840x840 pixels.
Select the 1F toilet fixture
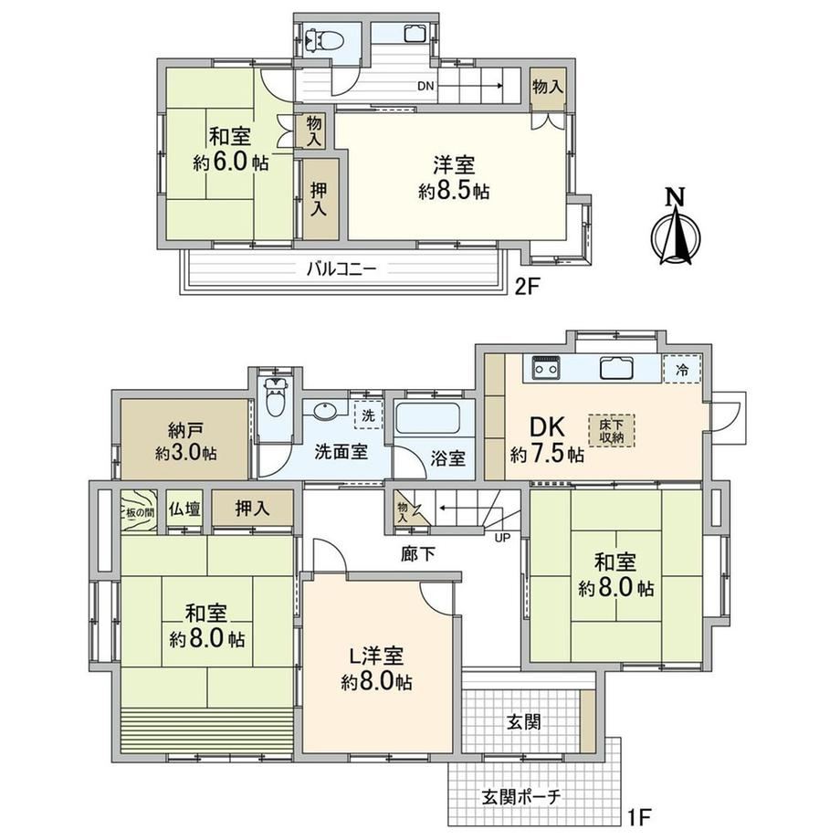pos(275,397)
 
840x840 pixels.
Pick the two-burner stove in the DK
pos(546,369)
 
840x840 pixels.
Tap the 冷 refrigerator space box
pos(682,369)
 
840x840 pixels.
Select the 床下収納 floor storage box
pos(611,430)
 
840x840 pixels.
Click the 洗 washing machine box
pos(368,415)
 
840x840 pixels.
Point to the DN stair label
pos(425,86)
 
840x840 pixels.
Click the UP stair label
pos(502,537)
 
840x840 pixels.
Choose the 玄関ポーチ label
pos(521,796)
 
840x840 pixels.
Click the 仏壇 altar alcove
pos(184,509)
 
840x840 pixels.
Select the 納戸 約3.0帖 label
pos(186,442)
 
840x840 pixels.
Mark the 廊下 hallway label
pos(418,554)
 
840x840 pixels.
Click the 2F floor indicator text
pos(526,287)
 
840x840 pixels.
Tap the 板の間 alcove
pos(139,510)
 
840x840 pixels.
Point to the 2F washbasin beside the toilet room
pos(415,34)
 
